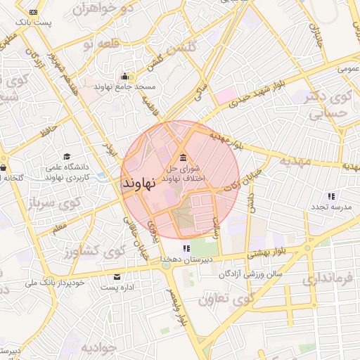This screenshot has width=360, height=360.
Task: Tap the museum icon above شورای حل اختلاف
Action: click(x=184, y=156)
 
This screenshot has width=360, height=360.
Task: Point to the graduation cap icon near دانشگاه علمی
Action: click(x=67, y=157)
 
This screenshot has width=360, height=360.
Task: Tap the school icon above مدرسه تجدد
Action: click(x=330, y=196)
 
